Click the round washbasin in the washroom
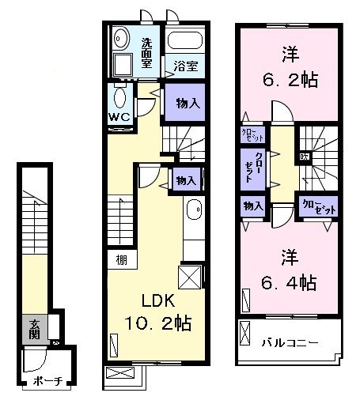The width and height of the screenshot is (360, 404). point(121,38)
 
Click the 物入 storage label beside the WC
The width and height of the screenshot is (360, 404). point(187,102)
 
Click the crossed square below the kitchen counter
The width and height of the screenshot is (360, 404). point(190,277)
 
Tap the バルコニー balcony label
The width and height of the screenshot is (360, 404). point(290,342)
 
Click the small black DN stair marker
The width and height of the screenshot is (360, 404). point(304,157)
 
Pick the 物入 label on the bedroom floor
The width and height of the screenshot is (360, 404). point(253,206)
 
